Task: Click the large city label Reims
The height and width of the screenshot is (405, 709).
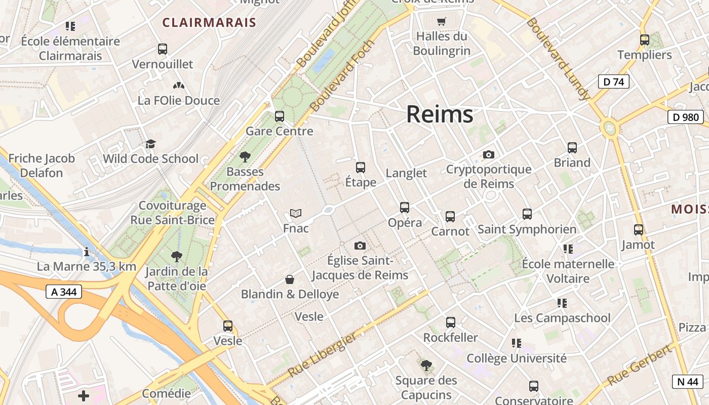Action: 440,114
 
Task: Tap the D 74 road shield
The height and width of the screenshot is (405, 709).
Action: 613,82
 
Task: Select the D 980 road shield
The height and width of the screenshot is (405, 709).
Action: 686,117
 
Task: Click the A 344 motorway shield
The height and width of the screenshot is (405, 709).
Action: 64,292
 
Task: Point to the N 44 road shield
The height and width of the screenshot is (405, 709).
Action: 687,382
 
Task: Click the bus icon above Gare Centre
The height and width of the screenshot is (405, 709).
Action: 280,116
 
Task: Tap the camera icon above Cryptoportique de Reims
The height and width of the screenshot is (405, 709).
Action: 489,154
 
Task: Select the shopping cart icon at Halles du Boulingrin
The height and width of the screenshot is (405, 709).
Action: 442,21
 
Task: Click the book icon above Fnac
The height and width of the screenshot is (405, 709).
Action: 296,214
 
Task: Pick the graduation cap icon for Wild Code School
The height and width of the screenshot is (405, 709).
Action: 150,144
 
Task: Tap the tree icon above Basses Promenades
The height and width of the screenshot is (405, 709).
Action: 245,157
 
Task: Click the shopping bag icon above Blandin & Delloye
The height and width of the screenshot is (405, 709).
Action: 290,279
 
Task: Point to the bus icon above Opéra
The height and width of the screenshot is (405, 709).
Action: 405,208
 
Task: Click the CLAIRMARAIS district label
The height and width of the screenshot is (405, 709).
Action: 209,23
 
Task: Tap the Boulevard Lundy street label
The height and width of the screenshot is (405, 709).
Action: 558,58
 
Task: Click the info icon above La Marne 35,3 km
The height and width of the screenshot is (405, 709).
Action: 87,252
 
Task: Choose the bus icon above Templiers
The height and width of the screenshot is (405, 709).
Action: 645,40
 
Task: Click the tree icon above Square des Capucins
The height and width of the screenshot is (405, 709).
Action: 426,366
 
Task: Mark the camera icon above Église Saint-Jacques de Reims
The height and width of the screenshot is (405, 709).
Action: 360,246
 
